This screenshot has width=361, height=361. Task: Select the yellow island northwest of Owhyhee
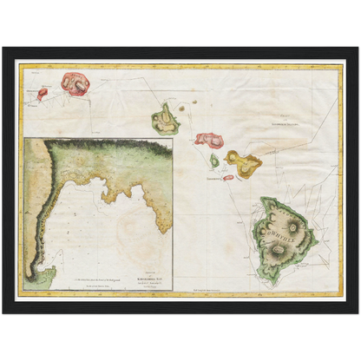coord(243,161)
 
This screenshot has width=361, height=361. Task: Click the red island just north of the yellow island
coord(209,139)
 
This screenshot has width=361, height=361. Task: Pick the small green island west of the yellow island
coord(214,161)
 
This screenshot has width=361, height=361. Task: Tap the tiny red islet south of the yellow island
coord(228,177)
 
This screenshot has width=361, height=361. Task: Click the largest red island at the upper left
coord(77,83)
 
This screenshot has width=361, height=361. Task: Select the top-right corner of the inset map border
coord(173,139)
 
